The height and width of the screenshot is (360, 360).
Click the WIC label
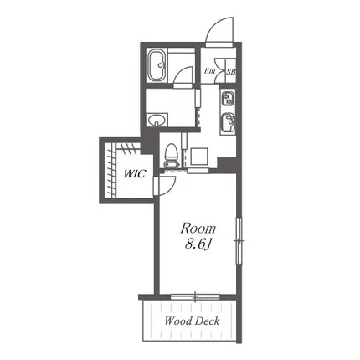135,174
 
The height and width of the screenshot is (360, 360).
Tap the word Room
198,229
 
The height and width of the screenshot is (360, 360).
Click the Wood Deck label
192,321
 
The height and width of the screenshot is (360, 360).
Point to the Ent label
209,71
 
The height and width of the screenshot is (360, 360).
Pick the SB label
230,72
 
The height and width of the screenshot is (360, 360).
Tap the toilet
170,156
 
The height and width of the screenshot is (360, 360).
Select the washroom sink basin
157,120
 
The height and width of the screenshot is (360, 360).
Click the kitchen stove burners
228,99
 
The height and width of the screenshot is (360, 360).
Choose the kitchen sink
228,122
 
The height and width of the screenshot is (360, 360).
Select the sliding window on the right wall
239,240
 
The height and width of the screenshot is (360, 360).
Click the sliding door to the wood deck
195,296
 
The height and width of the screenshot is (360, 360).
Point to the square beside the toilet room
199,157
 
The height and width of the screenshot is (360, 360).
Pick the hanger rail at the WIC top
128,147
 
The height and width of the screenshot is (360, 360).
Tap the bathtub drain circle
161,65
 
